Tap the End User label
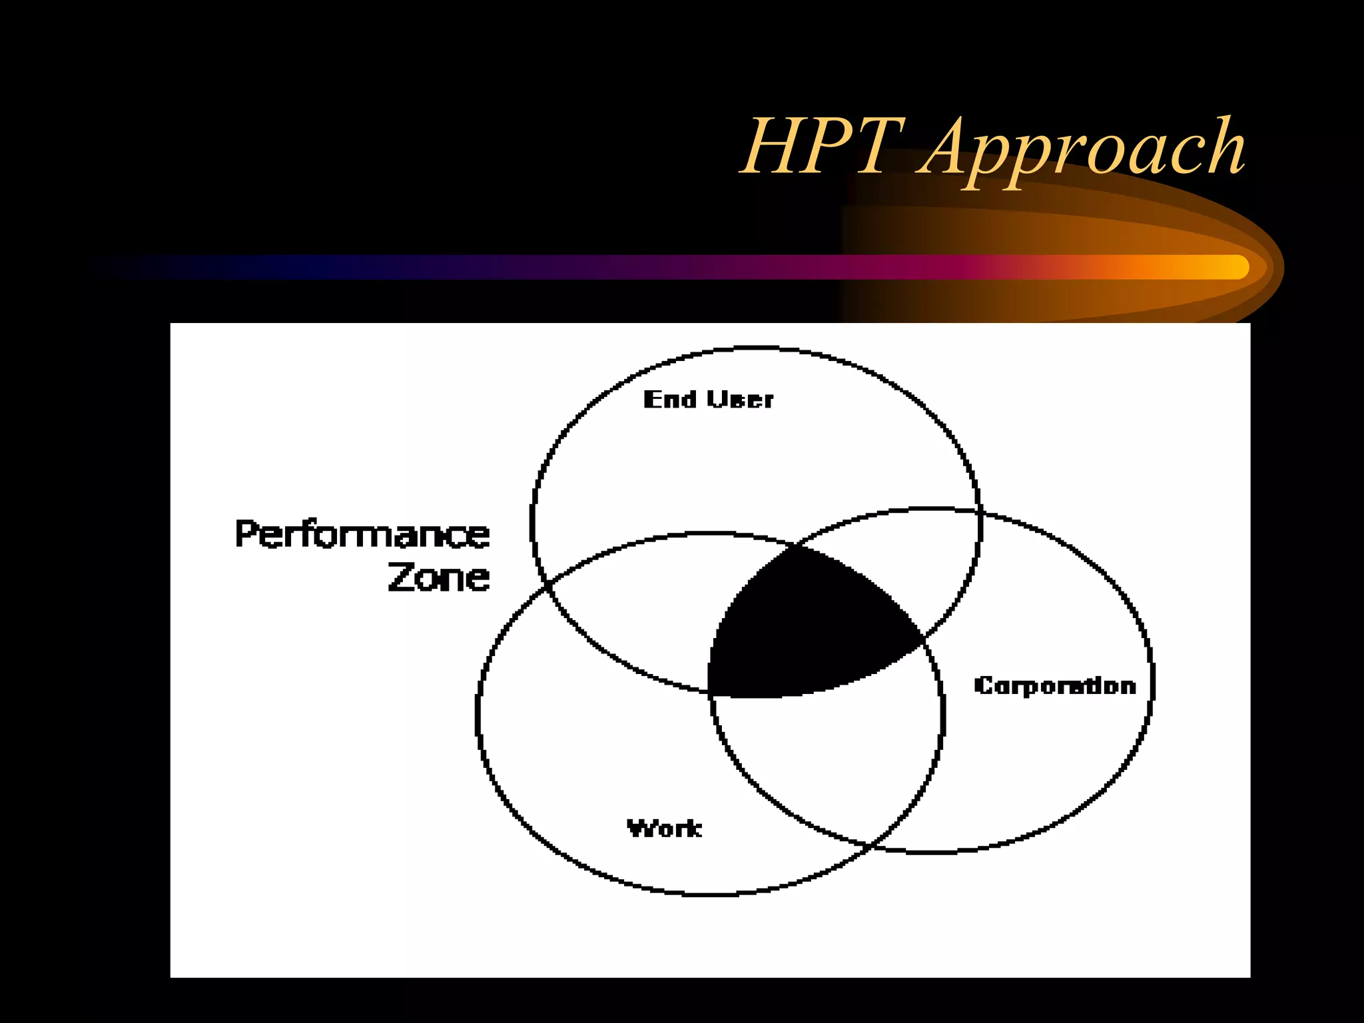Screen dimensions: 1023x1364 [708, 400]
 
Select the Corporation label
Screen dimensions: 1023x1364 [1054, 685]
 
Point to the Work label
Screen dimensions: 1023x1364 [664, 829]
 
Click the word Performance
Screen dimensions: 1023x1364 [362, 535]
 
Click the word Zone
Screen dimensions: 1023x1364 [439, 577]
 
